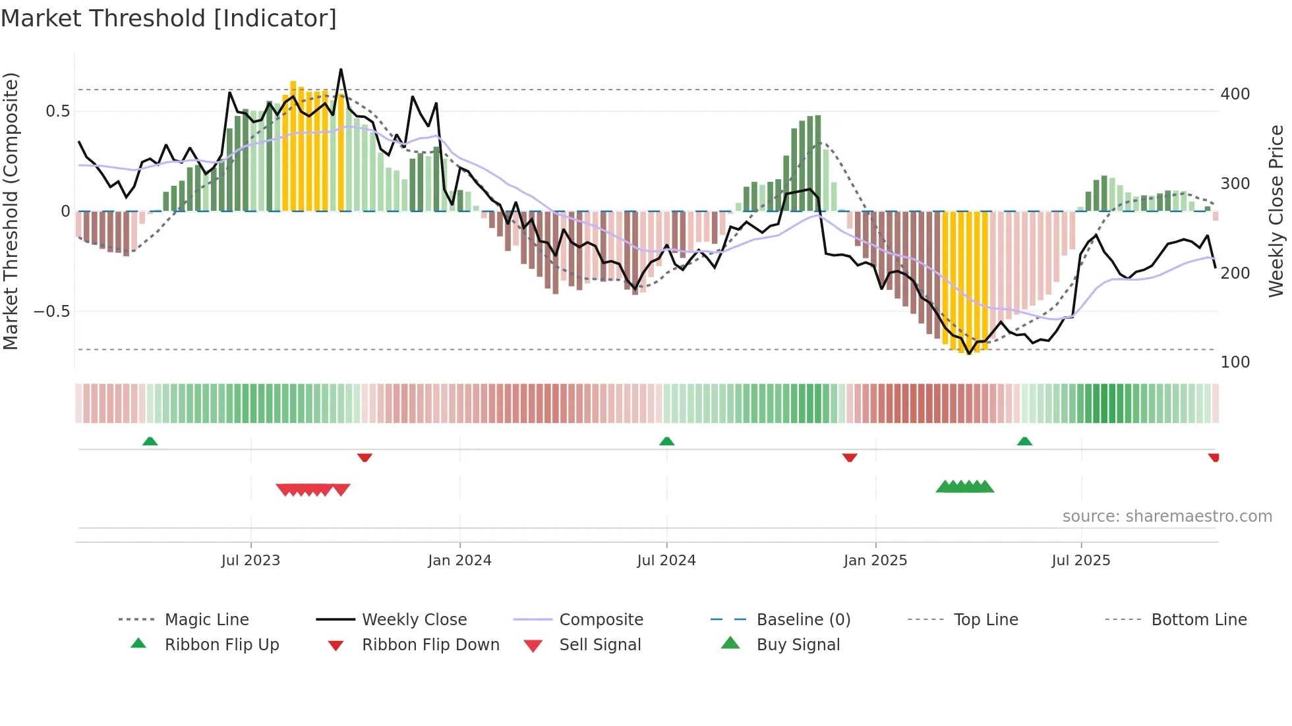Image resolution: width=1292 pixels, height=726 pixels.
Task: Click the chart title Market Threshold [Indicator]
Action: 169,18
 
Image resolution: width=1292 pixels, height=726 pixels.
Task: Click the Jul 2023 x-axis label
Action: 250,561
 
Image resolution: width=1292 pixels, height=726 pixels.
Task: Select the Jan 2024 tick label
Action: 459,561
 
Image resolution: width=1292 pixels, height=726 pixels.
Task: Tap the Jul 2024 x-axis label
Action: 666,561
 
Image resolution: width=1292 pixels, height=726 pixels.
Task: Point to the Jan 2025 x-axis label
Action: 875,561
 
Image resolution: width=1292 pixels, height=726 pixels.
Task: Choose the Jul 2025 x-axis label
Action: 1081,561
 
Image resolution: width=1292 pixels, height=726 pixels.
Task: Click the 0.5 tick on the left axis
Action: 57,111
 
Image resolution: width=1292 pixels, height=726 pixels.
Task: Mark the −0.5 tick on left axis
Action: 52,312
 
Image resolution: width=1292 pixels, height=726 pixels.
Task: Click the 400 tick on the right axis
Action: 1235,94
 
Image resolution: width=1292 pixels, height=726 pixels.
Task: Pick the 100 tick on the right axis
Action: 1235,362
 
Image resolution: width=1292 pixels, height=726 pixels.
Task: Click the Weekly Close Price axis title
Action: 1276,211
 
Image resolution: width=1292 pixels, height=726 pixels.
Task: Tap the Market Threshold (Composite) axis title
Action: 11,211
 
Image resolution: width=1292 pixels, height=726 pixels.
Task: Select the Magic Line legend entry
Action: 206,620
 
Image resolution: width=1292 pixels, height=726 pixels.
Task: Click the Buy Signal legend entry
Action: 798,645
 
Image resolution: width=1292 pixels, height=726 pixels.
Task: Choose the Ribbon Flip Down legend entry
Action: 430,645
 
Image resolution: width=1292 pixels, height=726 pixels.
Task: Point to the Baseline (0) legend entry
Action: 803,620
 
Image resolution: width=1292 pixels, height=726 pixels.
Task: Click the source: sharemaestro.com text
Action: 1167,517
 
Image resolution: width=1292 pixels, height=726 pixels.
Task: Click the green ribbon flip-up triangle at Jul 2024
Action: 666,441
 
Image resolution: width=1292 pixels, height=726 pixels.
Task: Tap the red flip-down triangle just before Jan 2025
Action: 850,457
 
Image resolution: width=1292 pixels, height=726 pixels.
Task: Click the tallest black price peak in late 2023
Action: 341,69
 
